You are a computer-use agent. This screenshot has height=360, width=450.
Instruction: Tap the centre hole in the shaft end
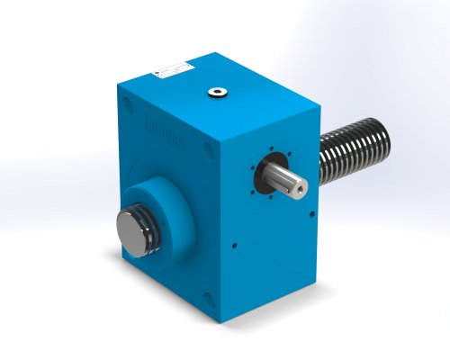click(301, 185)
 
